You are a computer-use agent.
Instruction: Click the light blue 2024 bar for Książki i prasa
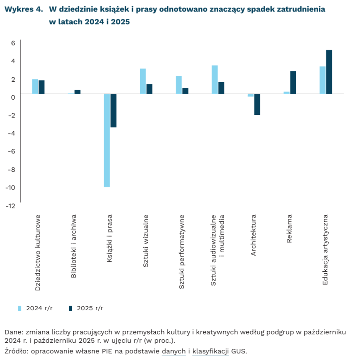(x=107, y=140)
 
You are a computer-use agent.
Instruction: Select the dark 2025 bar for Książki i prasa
(x=113, y=110)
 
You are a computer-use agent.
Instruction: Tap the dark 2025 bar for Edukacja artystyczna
(x=329, y=72)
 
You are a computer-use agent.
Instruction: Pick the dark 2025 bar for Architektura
(x=257, y=104)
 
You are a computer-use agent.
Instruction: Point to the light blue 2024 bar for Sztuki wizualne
(x=143, y=81)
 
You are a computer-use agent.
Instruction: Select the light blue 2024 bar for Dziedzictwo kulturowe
(x=35, y=87)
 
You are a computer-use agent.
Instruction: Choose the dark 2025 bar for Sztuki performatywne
(x=186, y=91)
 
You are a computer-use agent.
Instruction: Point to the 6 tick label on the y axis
(x=13, y=43)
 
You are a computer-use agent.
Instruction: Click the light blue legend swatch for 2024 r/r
(x=20, y=308)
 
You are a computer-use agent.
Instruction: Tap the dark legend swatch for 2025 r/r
(x=70, y=308)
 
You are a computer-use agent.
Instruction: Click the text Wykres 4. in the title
(x=23, y=9)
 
